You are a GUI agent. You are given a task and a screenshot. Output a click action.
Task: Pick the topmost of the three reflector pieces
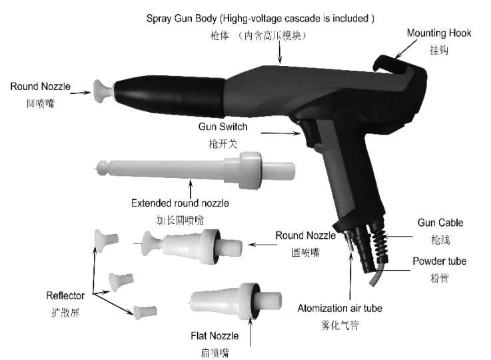(105, 239)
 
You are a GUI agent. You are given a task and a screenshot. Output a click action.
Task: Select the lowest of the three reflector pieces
(141, 310)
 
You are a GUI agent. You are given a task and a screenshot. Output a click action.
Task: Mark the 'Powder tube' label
(440, 261)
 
